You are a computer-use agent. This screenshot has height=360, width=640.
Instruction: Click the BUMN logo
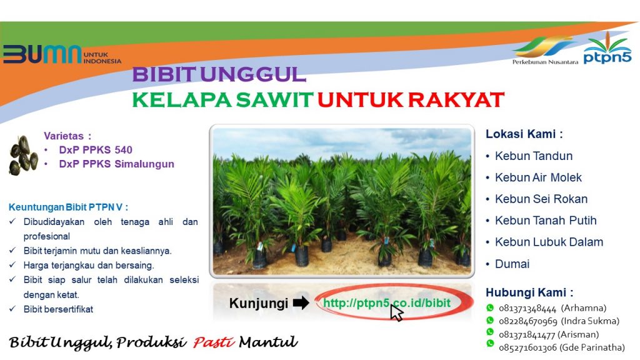[62, 54]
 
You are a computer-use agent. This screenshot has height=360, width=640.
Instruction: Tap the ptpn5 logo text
[607, 57]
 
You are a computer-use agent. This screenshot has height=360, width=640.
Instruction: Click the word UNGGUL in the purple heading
[253, 74]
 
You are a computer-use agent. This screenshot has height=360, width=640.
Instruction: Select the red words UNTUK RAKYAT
[411, 100]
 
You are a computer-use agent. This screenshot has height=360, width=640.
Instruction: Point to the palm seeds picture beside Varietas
[23, 155]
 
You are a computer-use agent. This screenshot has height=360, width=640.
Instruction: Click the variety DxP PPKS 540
[96, 150]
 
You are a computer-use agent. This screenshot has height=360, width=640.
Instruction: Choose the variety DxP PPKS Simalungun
[116, 164]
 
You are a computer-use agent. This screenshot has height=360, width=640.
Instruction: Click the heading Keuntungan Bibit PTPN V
[68, 207]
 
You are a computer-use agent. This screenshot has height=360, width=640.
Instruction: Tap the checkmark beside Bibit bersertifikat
[12, 309]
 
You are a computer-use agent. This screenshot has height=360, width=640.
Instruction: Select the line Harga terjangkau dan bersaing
[89, 265]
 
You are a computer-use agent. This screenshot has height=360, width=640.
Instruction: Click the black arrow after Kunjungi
[301, 303]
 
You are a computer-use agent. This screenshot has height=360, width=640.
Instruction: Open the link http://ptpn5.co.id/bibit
[386, 303]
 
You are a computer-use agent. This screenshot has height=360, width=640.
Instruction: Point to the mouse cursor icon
[396, 313]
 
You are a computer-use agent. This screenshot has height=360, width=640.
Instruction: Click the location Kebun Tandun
[534, 156]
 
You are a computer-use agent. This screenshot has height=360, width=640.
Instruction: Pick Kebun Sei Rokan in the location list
[541, 199]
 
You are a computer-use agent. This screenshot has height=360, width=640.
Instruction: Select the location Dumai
[512, 264]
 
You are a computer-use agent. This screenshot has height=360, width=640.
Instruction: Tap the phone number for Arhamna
[527, 308]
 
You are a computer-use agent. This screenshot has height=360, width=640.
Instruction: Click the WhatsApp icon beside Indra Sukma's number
[490, 321]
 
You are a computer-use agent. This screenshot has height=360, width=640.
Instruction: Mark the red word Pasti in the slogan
[214, 342]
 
